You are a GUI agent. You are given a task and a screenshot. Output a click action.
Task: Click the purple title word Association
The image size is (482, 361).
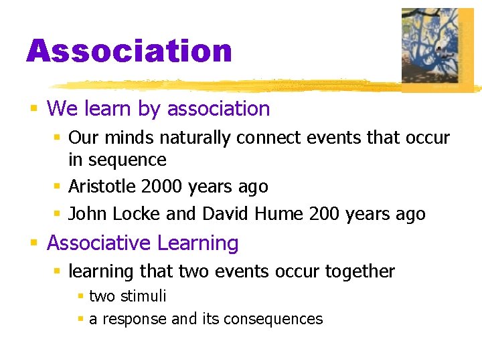click(x=129, y=51)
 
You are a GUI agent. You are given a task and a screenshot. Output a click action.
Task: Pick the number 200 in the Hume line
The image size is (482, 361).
click(x=324, y=214)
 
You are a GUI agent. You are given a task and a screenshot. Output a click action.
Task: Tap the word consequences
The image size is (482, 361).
click(x=273, y=319)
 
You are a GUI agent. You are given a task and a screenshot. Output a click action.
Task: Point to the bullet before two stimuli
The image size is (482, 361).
click(x=80, y=296)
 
